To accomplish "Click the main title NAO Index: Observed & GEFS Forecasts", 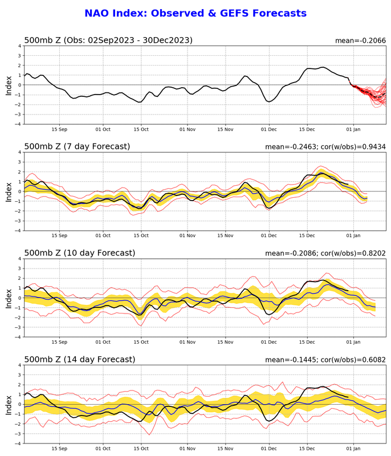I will tap(195, 13).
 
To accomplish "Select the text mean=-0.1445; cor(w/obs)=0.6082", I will tap(325, 360).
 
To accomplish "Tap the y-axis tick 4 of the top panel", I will tap(19, 46).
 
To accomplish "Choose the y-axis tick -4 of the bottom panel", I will tap(18, 443).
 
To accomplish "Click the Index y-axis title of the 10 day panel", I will tap(9, 298).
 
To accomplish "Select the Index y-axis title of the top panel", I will tap(9, 84).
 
